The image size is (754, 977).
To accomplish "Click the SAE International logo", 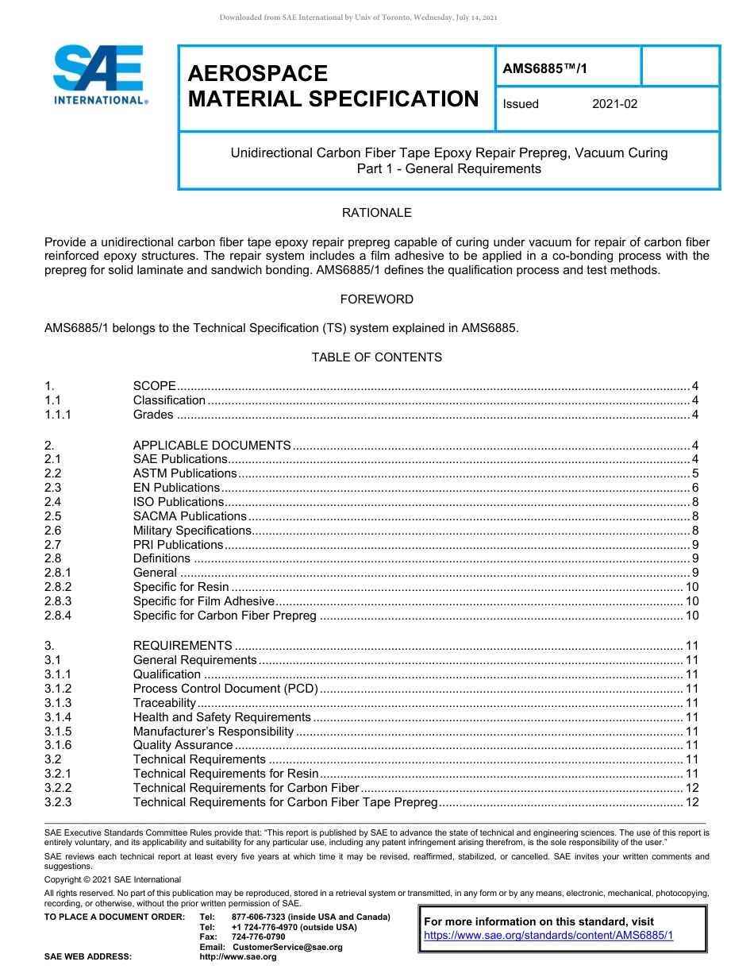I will tap(99, 75).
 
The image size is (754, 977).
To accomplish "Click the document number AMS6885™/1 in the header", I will tap(545, 69).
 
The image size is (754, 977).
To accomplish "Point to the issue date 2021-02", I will tap(614, 104).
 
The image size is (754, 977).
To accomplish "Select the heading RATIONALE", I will tap(376, 213).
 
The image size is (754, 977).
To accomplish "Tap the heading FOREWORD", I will tap(376, 299).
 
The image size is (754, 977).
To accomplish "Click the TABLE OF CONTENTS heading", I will tap(376, 357).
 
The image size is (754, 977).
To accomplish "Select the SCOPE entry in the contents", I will tap(154, 386).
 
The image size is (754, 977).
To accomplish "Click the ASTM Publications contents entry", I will tap(185, 473).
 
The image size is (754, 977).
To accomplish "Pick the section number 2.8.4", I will tap(58, 616).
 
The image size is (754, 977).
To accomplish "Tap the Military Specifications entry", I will tap(192, 531).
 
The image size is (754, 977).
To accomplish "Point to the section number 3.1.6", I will tap(58, 745).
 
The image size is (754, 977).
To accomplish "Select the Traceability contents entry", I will tap(164, 703).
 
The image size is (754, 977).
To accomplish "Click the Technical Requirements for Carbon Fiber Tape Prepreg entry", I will tap(285, 802).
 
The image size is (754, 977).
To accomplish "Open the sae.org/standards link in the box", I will tap(548, 936).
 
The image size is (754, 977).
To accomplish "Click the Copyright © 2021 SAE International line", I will tap(113, 879).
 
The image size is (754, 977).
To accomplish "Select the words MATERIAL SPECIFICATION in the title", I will tap(333, 99).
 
